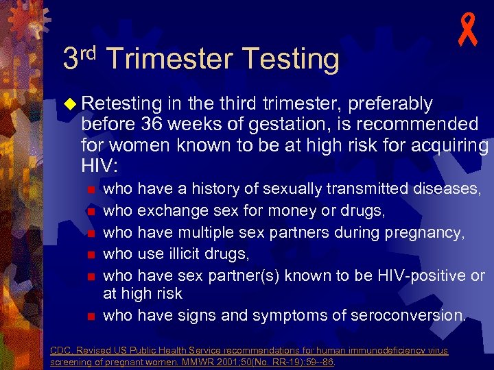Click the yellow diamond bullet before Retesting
coord(72,104)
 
